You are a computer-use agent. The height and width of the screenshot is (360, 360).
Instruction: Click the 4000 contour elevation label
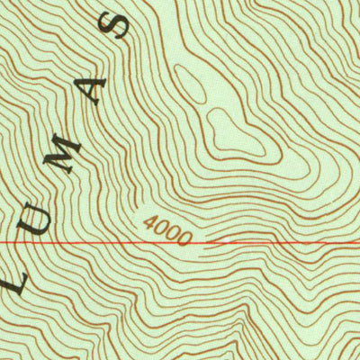tap(166, 231)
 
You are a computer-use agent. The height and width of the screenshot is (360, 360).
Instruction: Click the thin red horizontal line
tap(90, 243)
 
